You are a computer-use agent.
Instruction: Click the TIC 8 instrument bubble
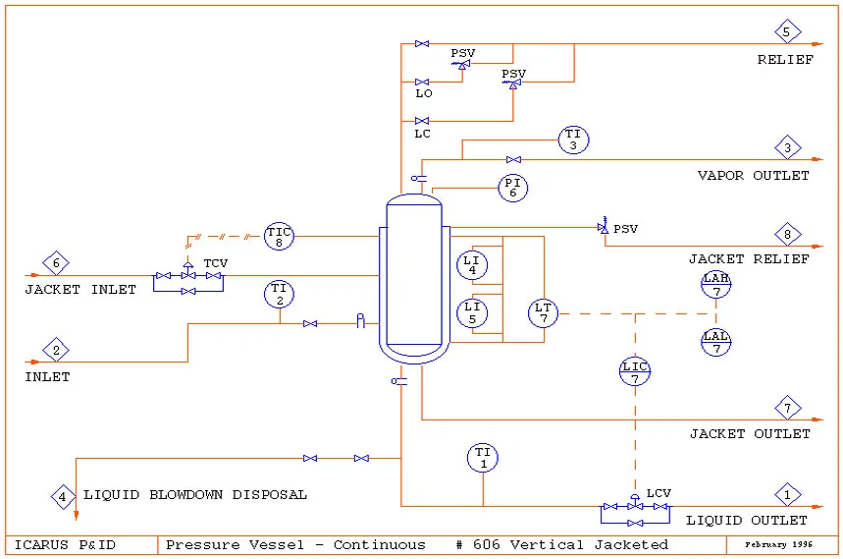[279, 236]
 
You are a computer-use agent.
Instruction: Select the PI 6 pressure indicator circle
[512, 188]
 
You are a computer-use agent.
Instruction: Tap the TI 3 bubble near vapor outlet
[573, 140]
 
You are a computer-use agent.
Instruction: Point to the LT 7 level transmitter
[543, 313]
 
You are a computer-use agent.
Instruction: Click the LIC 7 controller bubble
[635, 372]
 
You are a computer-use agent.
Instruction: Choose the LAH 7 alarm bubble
[716, 285]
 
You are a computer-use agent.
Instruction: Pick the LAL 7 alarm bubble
[716, 342]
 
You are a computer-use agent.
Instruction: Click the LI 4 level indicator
[472, 264]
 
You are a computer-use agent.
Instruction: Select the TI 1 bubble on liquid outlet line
[483, 457]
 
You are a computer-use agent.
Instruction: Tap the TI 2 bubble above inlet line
[279, 293]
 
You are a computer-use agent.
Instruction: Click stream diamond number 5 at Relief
[787, 31]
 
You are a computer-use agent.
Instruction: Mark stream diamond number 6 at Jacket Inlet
[56, 263]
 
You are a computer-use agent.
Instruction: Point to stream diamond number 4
[63, 496]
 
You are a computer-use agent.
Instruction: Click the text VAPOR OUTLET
[753, 176]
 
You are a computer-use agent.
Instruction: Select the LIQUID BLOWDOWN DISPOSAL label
[195, 495]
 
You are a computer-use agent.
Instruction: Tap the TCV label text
[215, 264]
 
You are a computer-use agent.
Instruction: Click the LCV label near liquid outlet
[659, 493]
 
